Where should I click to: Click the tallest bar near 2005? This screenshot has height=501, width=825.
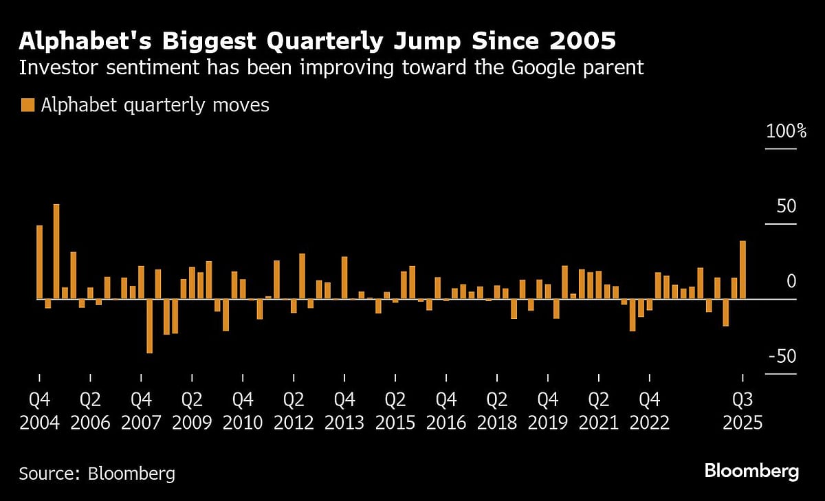56,252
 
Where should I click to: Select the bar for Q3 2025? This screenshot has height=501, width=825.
742,270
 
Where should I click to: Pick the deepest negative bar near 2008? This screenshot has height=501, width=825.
149,326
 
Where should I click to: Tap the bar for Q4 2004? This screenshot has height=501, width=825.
39,263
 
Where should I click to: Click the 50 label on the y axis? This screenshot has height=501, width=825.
786,206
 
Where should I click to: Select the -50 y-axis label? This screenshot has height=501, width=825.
782,357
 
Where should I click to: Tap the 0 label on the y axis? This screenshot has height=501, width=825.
791,281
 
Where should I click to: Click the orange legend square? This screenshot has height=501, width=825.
27,105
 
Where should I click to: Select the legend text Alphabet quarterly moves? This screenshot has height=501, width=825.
155,105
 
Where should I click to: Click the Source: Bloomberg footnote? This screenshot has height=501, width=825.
97,474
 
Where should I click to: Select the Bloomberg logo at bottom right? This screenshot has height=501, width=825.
751,471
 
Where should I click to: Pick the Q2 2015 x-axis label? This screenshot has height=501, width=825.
395,411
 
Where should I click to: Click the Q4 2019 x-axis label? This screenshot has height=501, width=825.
548,411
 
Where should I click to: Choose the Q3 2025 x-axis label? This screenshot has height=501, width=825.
742,411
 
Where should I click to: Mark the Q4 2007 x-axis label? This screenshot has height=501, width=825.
141,411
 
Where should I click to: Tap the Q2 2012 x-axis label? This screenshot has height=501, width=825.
294,411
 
